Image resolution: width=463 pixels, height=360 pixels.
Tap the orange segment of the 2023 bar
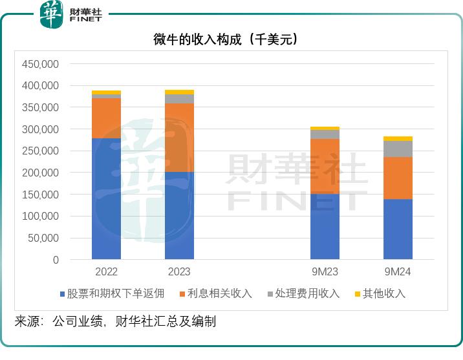click(179, 137)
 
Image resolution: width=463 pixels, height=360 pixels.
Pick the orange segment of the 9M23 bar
click(325, 166)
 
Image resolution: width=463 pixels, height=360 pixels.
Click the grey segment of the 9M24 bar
click(398, 149)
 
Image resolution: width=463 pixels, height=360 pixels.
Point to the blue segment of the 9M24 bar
click(398, 229)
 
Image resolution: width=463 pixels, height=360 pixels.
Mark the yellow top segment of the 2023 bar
click(179, 92)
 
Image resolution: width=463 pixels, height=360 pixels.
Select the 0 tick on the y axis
click(56, 260)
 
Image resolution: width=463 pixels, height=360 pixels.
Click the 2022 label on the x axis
click(106, 272)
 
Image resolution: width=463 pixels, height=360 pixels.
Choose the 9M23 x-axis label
click(325, 272)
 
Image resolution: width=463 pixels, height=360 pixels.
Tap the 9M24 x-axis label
click(398, 272)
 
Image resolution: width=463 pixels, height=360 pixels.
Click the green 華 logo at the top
click(52, 14)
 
